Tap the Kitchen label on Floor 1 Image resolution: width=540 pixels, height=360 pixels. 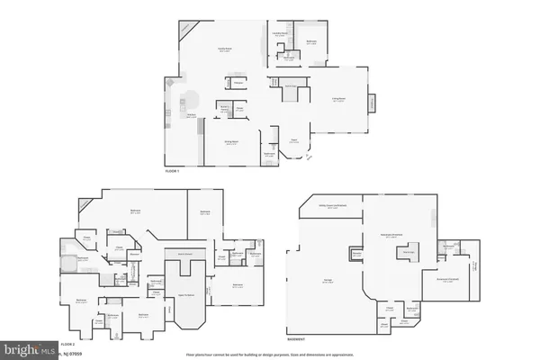[192, 115]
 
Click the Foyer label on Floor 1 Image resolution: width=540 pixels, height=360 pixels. [293, 140]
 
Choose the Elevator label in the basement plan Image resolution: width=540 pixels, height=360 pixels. [357, 255]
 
